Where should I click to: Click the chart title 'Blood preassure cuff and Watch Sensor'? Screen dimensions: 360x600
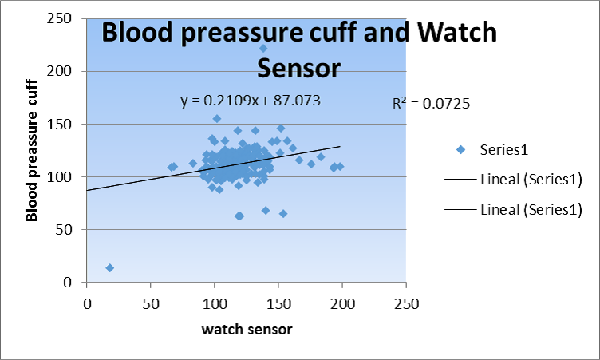[298, 49]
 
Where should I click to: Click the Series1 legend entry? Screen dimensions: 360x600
[505, 149]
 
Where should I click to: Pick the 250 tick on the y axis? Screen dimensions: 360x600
[68, 18]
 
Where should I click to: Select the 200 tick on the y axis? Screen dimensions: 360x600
[68, 71]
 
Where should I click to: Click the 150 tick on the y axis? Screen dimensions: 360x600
[68, 124]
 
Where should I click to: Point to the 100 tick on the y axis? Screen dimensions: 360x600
[68, 176]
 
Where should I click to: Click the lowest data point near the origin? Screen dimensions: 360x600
[110, 267]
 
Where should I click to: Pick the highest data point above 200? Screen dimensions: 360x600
[263, 49]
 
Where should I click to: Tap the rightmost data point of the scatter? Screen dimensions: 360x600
[340, 166]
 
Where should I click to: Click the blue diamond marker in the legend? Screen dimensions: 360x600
[461, 149]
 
